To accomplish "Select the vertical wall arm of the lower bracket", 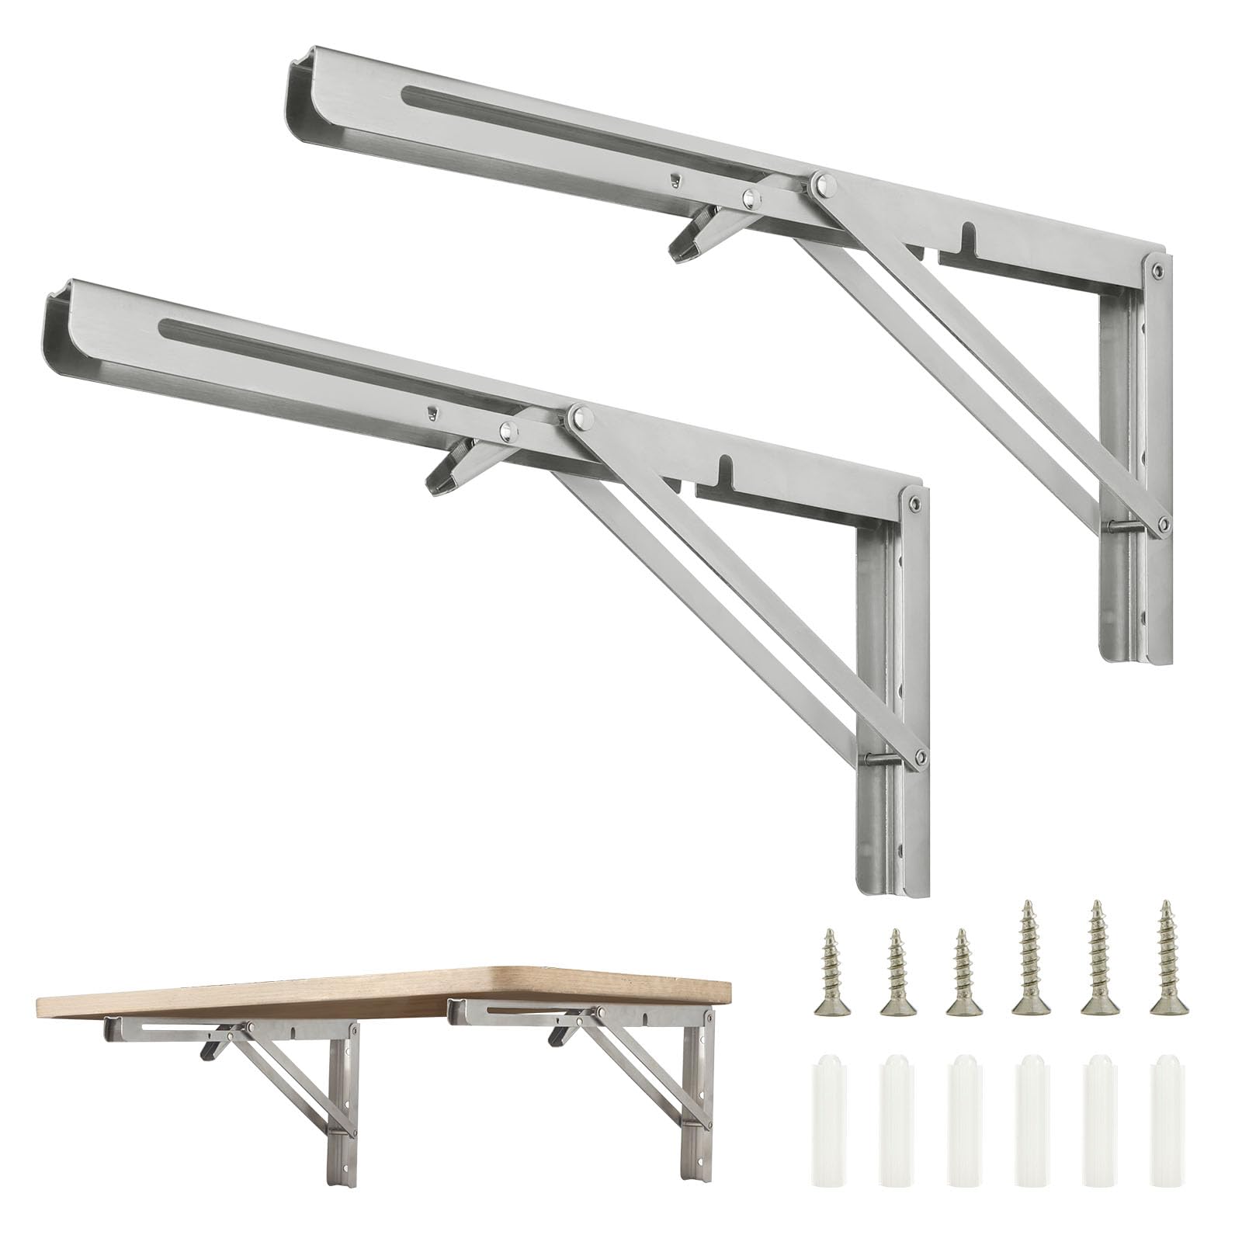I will tap(893, 699).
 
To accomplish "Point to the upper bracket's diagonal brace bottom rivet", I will tap(1162, 525).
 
